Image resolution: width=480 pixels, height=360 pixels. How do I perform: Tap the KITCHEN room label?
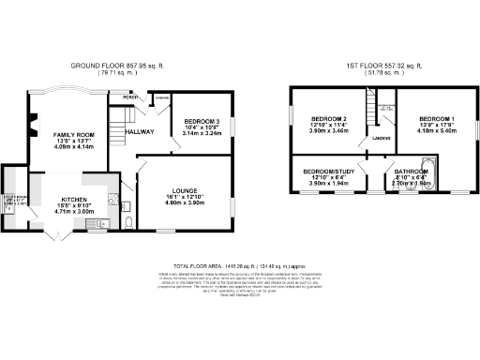(75, 200)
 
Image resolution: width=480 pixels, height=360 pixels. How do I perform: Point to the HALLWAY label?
(140, 131)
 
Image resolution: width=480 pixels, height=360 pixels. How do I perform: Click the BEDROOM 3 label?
(202, 121)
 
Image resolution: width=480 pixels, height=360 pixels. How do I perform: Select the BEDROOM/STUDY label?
(329, 172)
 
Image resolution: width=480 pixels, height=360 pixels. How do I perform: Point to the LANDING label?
(382, 139)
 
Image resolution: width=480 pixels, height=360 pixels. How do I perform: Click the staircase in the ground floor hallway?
(118, 121)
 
